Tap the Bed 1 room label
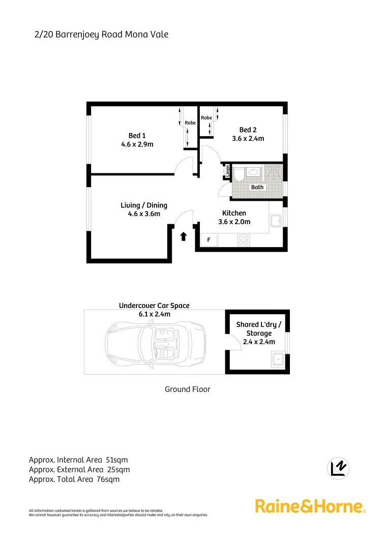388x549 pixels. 137,135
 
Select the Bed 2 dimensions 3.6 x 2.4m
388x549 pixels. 248,138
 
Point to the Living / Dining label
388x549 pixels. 143,205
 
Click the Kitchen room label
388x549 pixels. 234,213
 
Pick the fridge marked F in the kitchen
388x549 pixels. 208,239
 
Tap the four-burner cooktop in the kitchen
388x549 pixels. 244,239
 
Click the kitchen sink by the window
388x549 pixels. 276,221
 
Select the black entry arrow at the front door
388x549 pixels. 183,236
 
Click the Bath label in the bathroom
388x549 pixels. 257,187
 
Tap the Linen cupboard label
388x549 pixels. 228,171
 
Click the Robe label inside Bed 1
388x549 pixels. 190,123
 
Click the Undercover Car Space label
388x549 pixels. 154,306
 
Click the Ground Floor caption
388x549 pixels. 187,389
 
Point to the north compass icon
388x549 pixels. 339,468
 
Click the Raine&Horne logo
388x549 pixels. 310,506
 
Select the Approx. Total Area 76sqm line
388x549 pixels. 74,479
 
